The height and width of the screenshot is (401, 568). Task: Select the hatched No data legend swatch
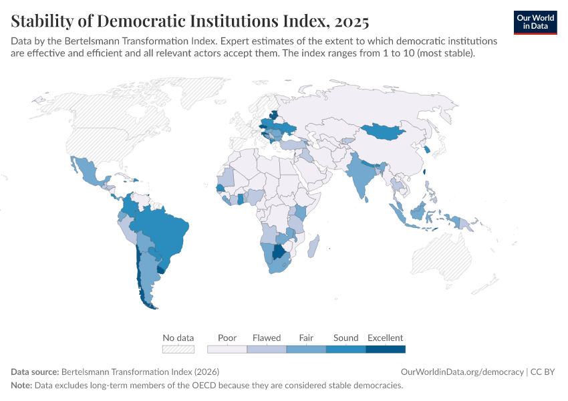[178, 349]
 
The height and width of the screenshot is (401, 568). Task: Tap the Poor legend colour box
[227, 349]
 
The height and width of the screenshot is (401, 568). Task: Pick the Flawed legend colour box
[267, 349]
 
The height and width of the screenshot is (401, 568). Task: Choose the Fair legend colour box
[306, 349]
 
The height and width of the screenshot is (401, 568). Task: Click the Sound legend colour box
[345, 349]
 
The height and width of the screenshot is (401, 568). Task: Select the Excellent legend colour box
[386, 349]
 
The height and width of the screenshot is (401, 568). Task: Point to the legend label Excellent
[386, 338]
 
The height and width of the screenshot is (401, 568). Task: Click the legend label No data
[178, 338]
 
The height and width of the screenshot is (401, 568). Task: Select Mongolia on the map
[388, 132]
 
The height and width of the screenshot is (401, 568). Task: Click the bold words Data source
[35, 372]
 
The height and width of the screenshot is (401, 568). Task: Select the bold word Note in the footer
[22, 386]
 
